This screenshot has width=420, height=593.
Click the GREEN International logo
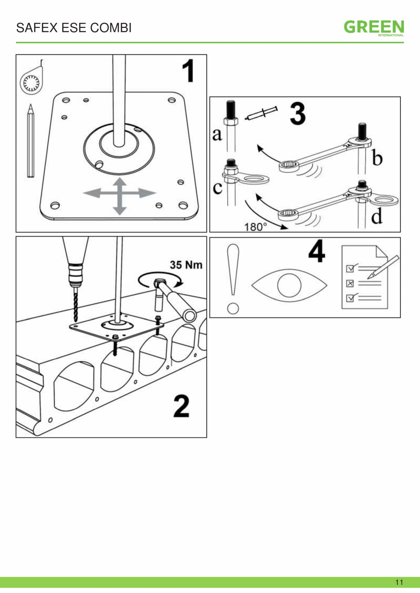click(x=374, y=28)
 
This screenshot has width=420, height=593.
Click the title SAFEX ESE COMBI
click(x=73, y=28)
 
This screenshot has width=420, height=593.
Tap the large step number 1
click(x=189, y=71)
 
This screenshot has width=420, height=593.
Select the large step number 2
click(x=182, y=406)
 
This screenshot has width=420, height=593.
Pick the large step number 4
click(x=317, y=251)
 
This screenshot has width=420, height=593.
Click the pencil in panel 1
click(x=31, y=140)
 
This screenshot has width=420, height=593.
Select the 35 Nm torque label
click(x=186, y=265)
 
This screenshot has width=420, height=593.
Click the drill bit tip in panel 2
click(x=75, y=322)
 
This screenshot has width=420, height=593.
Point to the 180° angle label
click(x=255, y=227)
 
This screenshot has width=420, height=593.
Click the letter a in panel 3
click(x=217, y=134)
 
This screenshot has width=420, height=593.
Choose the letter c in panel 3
click(x=218, y=187)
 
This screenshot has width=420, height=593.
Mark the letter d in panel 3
click(x=377, y=216)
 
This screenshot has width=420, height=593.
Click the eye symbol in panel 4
click(x=289, y=285)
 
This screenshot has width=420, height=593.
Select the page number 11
click(x=399, y=582)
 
